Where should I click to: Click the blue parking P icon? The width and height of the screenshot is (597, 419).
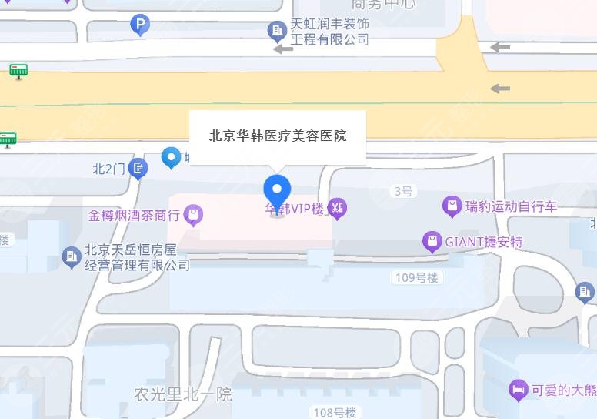pos(139,26)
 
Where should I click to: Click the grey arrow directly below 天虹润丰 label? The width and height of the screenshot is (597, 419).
pos(283,49)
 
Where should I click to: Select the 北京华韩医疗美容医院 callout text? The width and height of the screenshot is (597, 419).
pos(278,136)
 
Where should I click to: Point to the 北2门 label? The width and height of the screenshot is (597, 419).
pos(108,168)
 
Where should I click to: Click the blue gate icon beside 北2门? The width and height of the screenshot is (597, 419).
pos(138,168)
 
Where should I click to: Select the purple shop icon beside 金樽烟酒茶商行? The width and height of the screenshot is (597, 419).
pos(193,216)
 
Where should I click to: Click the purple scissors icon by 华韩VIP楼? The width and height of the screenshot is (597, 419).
pos(337,208)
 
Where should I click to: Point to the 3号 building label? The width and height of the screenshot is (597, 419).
pos(403,191)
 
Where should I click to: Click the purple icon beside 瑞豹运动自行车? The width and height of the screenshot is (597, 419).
pos(452,206)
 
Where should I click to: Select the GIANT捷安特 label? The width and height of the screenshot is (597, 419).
pos(484,242)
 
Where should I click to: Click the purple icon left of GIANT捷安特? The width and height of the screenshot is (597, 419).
pos(432,242)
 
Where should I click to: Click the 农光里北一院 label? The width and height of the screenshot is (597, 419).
pos(182,394)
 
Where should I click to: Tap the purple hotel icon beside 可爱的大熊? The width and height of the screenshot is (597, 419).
pos(519,391)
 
